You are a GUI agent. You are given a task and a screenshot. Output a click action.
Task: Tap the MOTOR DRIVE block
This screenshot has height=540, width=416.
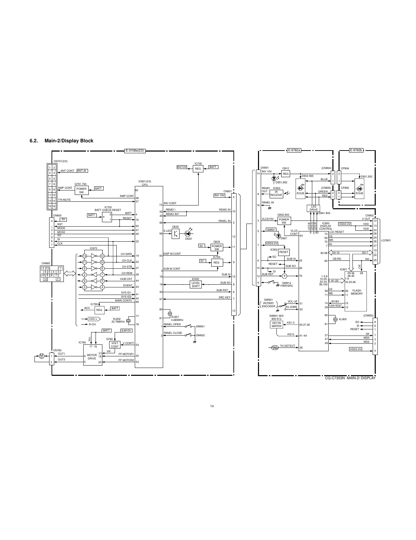92,357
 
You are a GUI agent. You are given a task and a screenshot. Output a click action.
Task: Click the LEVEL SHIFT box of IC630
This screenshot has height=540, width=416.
196,284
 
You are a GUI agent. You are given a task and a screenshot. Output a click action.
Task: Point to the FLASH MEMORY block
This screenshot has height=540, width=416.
357,292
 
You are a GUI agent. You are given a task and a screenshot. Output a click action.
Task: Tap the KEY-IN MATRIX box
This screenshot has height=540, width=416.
276,324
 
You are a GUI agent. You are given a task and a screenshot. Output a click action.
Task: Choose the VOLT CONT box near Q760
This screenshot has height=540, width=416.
115,345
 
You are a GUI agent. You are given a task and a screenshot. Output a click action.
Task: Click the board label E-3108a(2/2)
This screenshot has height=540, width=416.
135,151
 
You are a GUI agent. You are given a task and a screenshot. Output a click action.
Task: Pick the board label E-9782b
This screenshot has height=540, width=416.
356,151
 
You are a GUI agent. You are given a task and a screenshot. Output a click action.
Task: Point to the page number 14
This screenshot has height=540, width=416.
212,406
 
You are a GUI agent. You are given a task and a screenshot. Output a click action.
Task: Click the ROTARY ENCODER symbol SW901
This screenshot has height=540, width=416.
268,303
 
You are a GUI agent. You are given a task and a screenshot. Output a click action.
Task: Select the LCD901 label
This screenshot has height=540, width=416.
386,240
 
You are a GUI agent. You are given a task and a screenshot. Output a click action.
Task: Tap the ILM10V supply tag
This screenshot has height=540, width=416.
126,330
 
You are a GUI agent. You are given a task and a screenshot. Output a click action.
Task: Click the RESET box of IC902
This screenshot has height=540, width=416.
284,252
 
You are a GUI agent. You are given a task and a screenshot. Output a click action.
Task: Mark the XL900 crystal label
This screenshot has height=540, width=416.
342,319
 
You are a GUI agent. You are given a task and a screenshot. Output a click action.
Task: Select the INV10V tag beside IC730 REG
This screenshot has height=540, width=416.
182,167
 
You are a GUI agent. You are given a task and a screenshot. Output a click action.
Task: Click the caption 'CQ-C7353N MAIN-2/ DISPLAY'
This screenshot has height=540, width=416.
350,378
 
